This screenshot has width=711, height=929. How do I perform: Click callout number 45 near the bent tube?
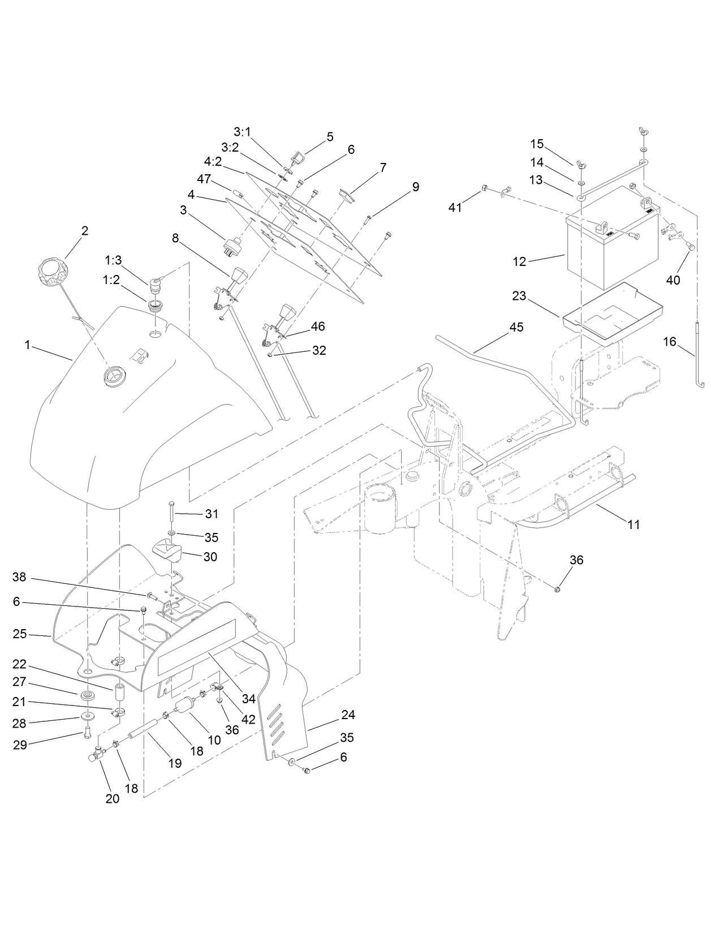pos(516,328)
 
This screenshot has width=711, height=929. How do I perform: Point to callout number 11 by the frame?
pos(634,524)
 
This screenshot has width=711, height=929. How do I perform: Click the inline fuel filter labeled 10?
pos(186,707)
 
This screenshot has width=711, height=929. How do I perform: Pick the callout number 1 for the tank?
pos(27,345)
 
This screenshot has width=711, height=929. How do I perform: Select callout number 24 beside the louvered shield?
pos(348,715)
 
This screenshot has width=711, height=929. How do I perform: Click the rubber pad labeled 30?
pos(166,550)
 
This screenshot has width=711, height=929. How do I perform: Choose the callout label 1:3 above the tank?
pos(113,260)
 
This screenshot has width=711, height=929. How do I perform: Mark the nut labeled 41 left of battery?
pos(485,188)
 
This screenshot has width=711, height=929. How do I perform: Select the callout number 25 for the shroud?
pos(20,634)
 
